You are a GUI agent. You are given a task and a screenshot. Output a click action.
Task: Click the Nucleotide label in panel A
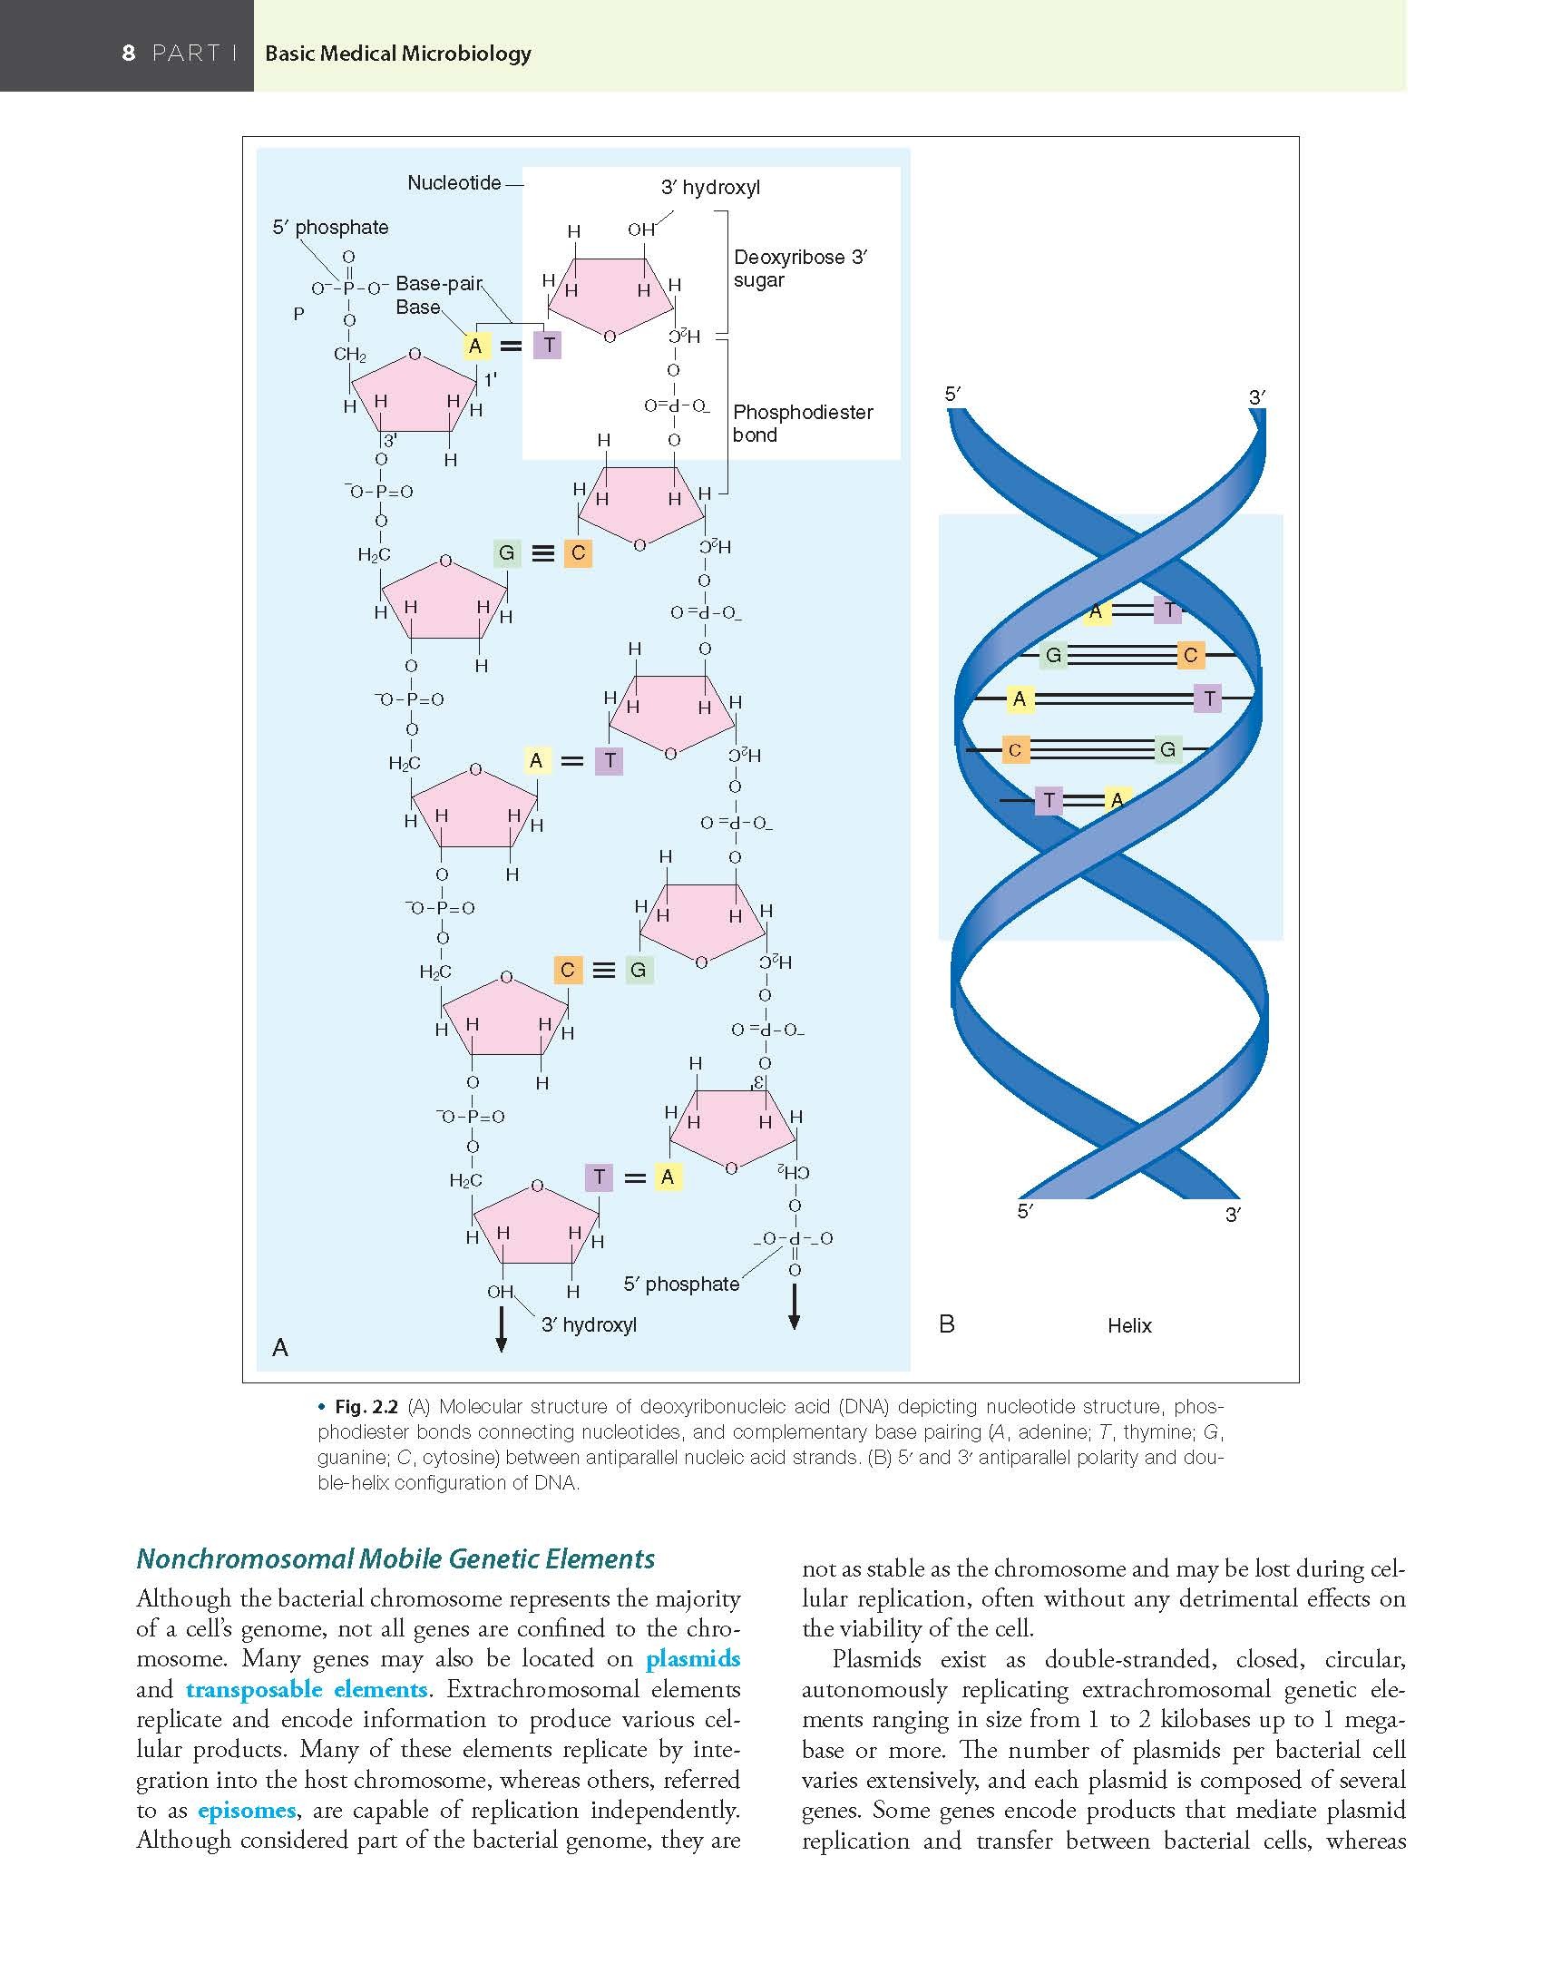pos(454,183)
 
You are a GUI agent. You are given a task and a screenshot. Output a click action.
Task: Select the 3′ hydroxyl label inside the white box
pos(710,188)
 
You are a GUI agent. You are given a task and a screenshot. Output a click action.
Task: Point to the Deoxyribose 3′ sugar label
pos(800,269)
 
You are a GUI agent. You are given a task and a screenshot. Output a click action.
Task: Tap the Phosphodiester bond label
pos(803,424)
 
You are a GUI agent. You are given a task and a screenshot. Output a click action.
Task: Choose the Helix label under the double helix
pos(1129,1326)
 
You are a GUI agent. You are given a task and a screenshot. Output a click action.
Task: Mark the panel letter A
pos(280,1348)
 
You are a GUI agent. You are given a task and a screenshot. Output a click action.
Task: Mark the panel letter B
pos(947,1324)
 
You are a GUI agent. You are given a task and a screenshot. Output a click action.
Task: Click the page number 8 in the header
pos(129,54)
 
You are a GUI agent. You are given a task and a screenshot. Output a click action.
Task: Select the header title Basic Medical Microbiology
pos(397,54)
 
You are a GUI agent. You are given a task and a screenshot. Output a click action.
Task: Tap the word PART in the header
pos(186,54)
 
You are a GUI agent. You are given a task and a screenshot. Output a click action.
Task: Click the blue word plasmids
pos(693,1659)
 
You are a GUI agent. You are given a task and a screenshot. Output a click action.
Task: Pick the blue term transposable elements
pos(307,1689)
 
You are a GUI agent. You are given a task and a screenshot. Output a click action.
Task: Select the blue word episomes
pos(247,1810)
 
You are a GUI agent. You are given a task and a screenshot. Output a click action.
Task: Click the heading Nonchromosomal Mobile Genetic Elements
pos(395,1558)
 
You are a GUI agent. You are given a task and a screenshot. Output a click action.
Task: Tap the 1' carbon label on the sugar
pos(491,380)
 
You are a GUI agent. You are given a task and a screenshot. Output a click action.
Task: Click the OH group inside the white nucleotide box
pos(640,230)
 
